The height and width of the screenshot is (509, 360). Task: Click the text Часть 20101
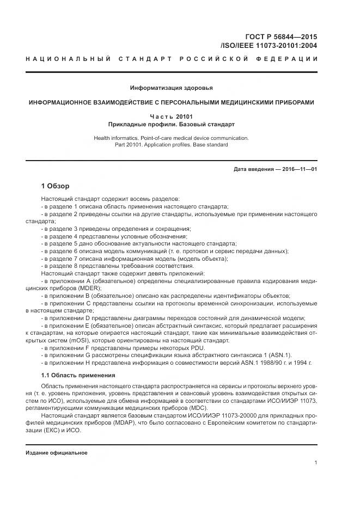pos(171,116)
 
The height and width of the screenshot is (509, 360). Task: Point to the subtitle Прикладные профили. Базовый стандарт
pos(171,124)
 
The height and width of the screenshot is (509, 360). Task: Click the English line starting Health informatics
pos(171,138)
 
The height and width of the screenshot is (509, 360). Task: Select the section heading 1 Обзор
pos(55,187)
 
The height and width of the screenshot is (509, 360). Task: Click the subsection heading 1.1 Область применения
pos(78,375)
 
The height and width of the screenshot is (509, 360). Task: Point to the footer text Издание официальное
pos(57,452)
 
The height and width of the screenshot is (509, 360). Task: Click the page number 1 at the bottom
pos(315,463)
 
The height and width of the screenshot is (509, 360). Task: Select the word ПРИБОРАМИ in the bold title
pos(290,102)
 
